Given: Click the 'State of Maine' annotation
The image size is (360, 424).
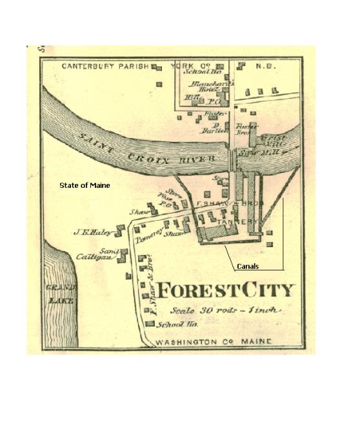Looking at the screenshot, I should tap(85, 185).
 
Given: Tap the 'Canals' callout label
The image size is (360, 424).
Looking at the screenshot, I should tap(248, 266).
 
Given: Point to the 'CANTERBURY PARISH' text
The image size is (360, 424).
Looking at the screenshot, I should tap(105, 66).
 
